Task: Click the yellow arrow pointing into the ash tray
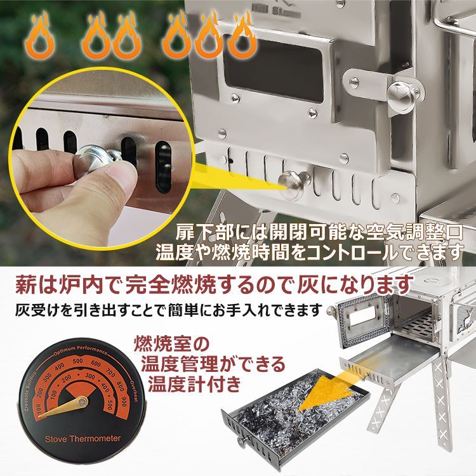(x=330, y=387)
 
